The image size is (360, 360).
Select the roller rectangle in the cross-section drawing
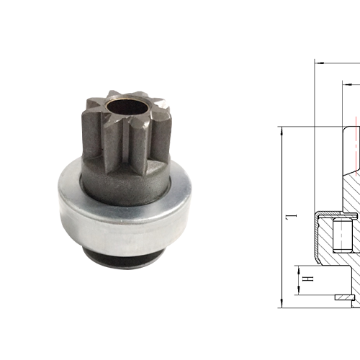pos(341,239)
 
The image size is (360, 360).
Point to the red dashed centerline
pos(355,144)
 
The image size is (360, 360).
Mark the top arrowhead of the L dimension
pos(279,130)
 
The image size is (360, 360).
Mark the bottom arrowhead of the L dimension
pos(279,305)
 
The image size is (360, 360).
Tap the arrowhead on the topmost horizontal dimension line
pos(319,62)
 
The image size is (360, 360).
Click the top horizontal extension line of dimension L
pos(310,127)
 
